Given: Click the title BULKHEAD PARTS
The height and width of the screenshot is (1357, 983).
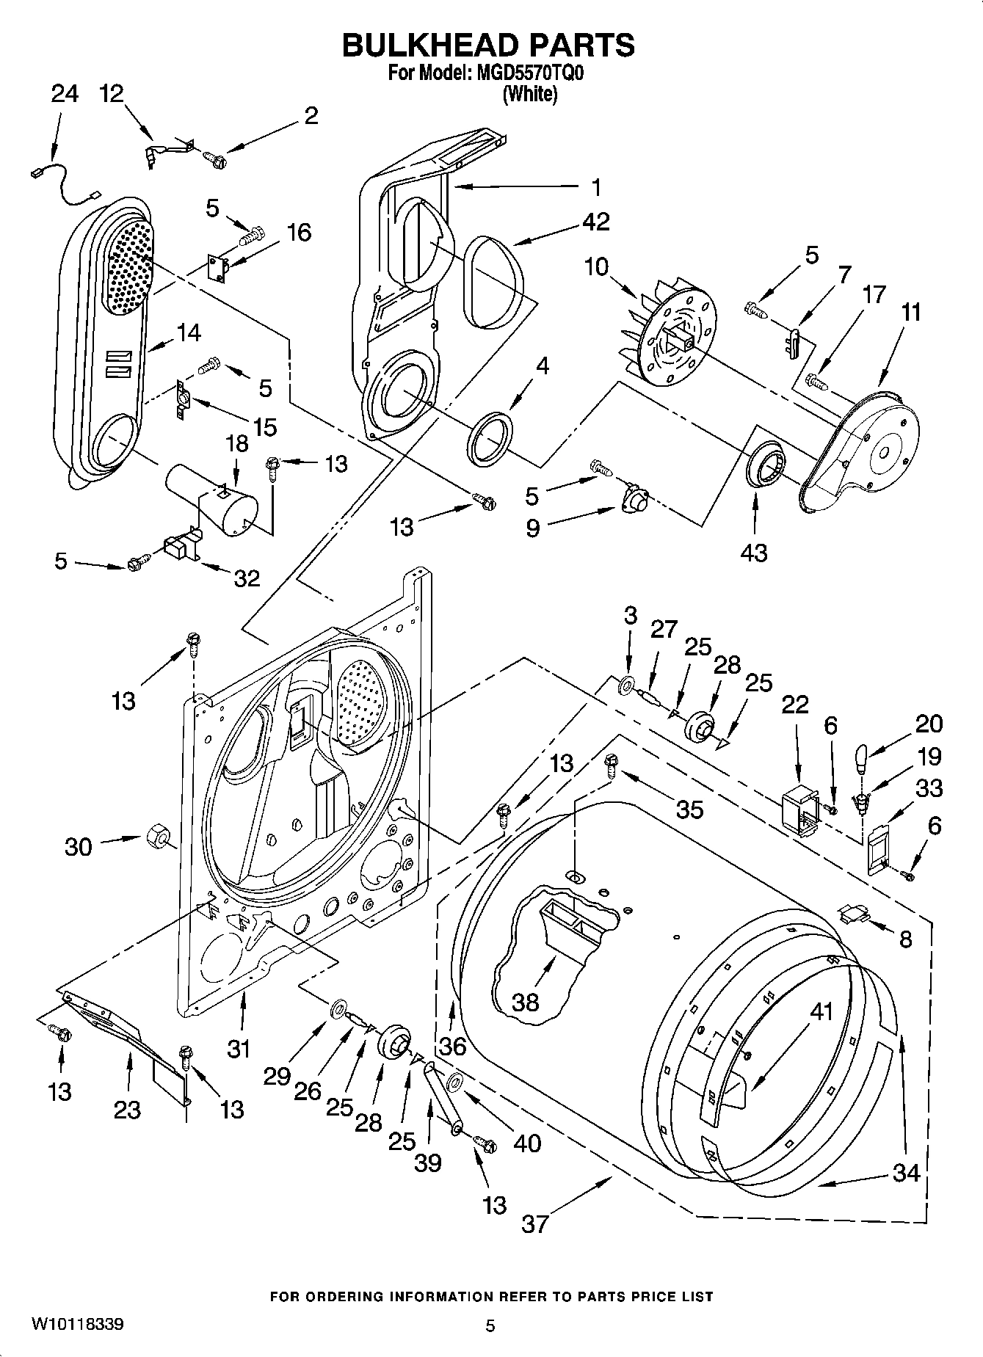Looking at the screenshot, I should point(488,46).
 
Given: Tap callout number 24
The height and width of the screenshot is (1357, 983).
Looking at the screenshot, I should point(65,94).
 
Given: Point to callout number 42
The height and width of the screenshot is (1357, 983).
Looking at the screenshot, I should point(595,222).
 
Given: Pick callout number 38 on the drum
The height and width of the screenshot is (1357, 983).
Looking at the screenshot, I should point(525,1002).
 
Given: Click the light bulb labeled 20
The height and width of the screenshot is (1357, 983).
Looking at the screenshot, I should point(862,757).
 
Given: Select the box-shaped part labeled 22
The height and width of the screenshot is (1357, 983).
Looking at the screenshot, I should point(800,808).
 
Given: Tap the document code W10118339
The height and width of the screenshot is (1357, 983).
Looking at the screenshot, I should point(77,1325).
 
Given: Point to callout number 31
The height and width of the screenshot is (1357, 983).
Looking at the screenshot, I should point(239,1049).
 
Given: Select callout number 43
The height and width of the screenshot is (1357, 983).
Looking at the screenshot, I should point(754,551).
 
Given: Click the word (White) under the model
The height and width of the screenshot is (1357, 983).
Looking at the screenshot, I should point(529,94).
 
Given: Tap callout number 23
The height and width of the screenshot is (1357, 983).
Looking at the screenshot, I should point(127,1108).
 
